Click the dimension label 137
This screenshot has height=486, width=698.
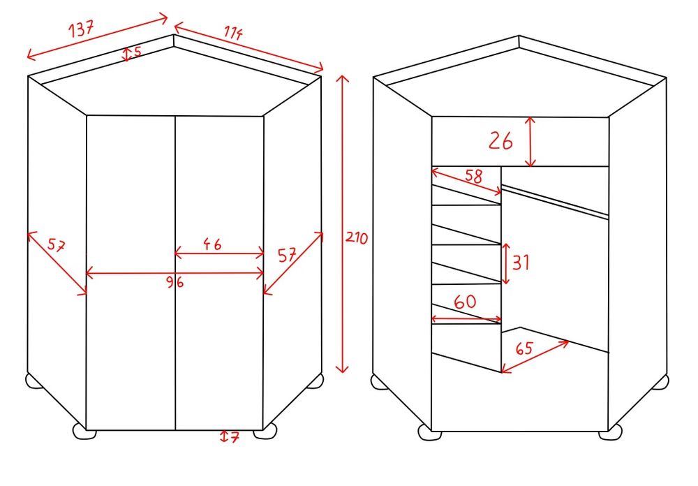tap(82, 29)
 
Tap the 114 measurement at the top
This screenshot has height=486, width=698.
tap(233, 33)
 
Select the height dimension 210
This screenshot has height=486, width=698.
tap(357, 237)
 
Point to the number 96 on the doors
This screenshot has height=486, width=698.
tap(174, 282)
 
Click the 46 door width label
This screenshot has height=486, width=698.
tap(212, 244)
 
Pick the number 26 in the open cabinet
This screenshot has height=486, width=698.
tap(500, 141)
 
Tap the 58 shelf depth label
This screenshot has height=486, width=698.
tap(474, 175)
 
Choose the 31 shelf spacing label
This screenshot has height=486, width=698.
tap(521, 262)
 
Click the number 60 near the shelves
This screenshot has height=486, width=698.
tap(465, 302)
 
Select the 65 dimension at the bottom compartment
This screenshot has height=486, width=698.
tap(524, 348)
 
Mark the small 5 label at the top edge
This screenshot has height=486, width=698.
tap(137, 52)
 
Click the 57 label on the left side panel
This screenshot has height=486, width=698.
tap(57, 246)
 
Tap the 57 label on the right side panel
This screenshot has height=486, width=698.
tap(287, 256)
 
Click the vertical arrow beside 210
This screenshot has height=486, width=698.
tap(342, 224)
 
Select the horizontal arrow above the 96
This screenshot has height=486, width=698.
tap(174, 272)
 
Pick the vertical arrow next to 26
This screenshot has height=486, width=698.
tap(530, 142)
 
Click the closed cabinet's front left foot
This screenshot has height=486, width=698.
tap(84, 432)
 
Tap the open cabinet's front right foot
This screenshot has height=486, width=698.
tap(610, 432)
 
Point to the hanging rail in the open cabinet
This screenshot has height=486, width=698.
tap(555, 202)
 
